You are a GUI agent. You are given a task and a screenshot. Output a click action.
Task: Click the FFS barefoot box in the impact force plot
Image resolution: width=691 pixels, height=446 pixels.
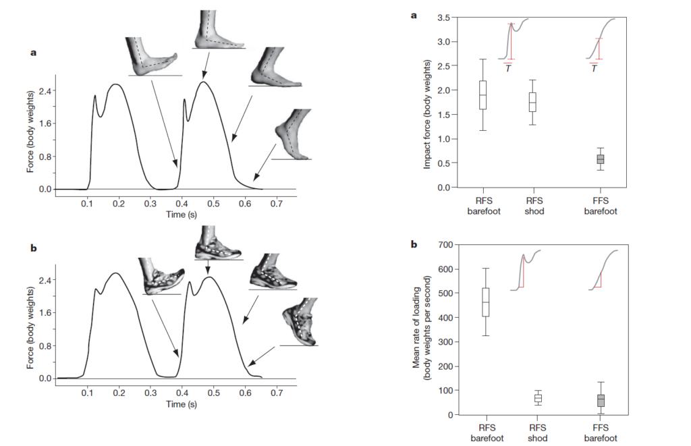tap(600, 159)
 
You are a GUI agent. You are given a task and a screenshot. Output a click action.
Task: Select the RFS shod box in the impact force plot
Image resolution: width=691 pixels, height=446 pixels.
tap(532, 102)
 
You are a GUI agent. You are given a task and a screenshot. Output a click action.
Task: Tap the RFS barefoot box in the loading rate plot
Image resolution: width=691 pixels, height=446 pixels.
tap(485, 302)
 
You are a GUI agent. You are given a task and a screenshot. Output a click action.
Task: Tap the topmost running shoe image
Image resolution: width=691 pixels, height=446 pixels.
tap(217, 244)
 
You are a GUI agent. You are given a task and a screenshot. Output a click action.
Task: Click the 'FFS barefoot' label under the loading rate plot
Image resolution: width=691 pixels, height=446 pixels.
tap(600, 433)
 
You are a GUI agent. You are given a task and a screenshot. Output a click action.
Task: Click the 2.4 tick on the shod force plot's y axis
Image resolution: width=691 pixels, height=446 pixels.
tap(43, 280)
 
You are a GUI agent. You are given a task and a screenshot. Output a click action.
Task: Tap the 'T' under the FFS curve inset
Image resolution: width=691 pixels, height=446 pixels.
tap(593, 68)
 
